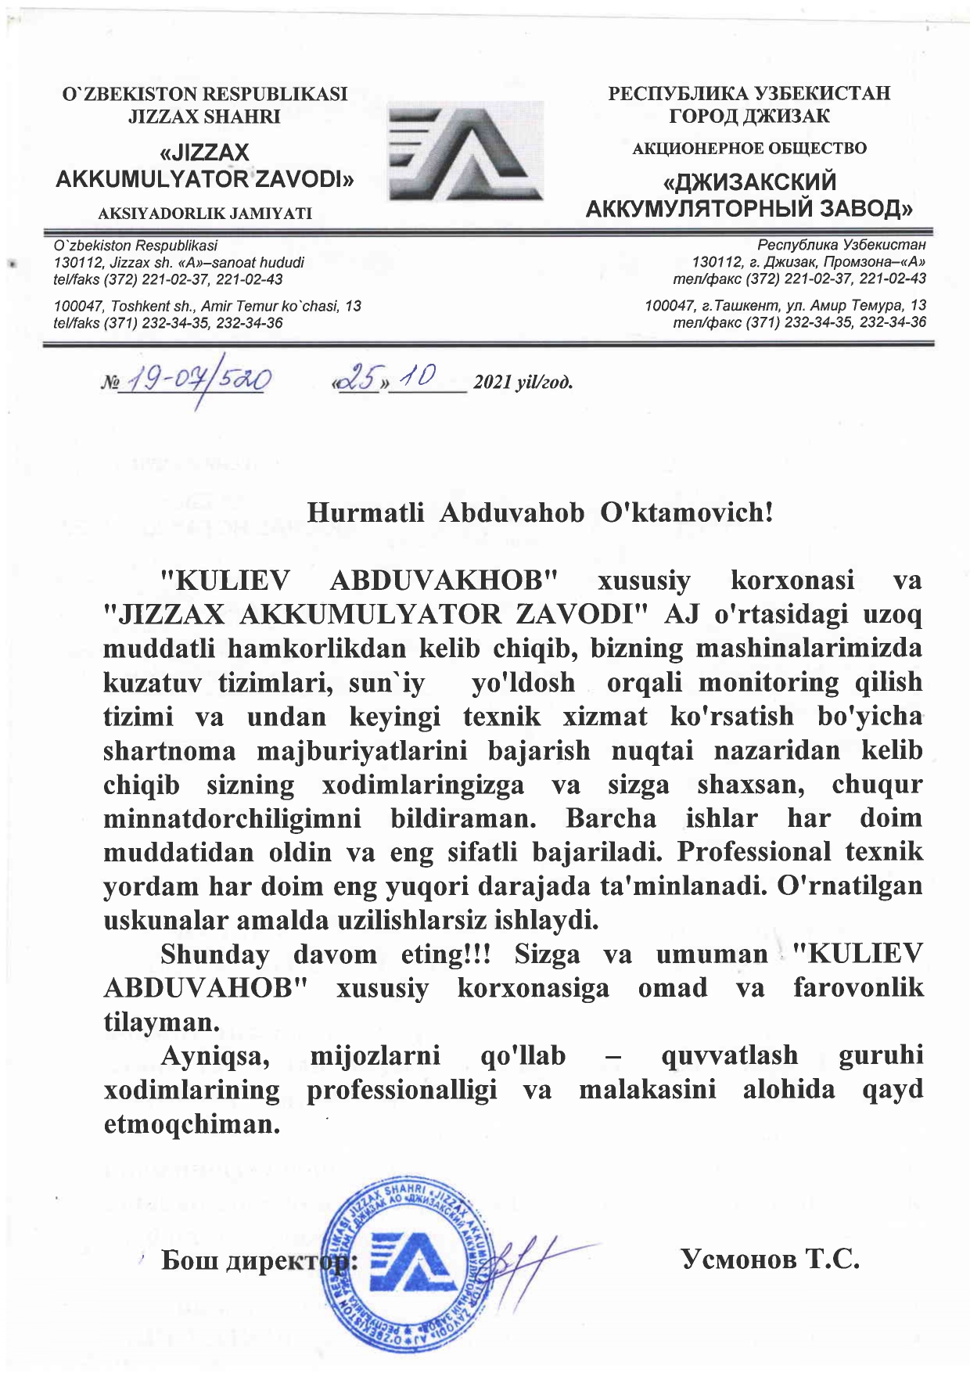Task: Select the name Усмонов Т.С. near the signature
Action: [771, 1259]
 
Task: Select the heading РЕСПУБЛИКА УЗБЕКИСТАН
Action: [749, 94]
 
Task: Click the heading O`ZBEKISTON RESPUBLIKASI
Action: [205, 95]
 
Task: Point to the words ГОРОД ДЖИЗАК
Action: [749, 117]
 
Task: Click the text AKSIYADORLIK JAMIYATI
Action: [205, 213]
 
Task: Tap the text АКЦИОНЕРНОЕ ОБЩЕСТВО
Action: [749, 149]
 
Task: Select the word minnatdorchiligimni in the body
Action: [232, 818]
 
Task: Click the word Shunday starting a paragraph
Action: [214, 954]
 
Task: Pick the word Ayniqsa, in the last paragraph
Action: [215, 1056]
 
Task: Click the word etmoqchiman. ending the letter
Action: [192, 1124]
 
